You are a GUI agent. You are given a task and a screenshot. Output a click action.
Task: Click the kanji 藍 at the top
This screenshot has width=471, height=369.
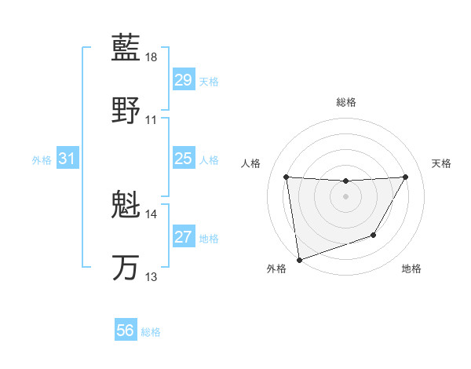(x=126, y=49)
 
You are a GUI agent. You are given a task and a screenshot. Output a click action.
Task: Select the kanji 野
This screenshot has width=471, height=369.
(x=126, y=110)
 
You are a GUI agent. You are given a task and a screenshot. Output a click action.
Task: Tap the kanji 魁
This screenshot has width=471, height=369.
(x=126, y=206)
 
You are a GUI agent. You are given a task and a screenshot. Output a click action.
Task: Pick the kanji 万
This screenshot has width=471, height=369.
(x=126, y=267)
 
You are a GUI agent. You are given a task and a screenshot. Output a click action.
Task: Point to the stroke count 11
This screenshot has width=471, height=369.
(x=152, y=119)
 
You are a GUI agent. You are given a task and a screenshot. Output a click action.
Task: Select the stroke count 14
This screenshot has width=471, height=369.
(x=152, y=214)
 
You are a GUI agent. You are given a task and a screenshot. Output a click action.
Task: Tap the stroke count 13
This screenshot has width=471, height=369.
(x=152, y=276)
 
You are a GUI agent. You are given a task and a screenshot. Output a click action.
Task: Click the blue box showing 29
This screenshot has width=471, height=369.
(x=183, y=80)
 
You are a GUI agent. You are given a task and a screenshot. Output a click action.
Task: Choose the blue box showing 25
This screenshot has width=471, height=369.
(x=183, y=159)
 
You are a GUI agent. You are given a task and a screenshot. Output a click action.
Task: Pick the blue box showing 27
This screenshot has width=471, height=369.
(x=183, y=237)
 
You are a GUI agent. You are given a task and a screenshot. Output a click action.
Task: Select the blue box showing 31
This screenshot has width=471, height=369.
(x=67, y=159)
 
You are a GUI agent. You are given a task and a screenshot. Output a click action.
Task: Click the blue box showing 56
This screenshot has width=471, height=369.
(x=125, y=331)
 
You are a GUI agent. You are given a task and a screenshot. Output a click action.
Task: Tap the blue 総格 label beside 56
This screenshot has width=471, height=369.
(x=151, y=332)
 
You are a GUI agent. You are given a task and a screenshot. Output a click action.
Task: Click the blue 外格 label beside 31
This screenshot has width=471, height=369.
(x=42, y=160)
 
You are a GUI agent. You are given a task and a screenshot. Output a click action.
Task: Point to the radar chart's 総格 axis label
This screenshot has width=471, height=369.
(x=345, y=102)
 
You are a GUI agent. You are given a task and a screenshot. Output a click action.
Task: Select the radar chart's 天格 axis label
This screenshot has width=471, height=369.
(x=441, y=163)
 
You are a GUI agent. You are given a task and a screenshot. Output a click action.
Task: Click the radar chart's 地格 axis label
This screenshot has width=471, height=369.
(x=411, y=269)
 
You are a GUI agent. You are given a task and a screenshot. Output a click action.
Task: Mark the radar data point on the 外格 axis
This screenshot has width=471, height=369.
(x=298, y=259)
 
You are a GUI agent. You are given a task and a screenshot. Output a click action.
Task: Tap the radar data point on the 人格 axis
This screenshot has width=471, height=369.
(x=286, y=177)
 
